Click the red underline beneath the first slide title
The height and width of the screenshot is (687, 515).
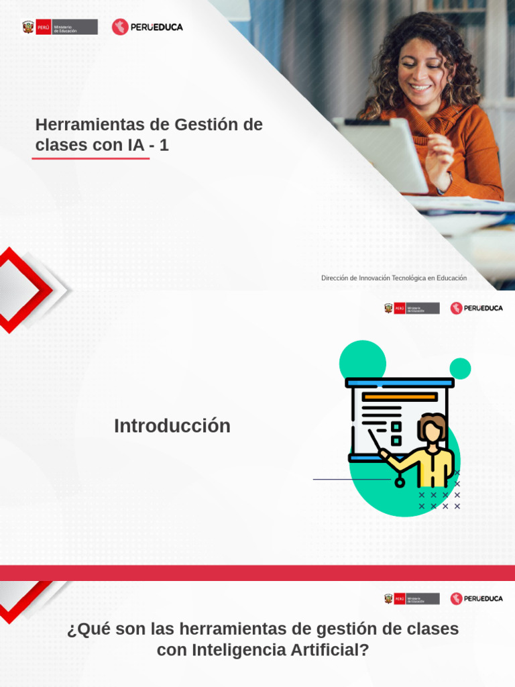tap(91, 158)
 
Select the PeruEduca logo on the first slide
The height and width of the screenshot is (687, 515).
tap(148, 27)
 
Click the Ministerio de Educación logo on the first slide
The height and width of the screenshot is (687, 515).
tap(60, 27)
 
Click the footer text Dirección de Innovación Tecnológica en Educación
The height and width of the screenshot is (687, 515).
tap(394, 278)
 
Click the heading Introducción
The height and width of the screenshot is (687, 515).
tap(172, 426)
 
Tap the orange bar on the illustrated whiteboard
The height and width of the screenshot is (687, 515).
tap(400, 397)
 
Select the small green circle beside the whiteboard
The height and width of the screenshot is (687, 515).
tap(460, 368)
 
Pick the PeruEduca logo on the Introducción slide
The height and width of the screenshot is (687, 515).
tap(476, 308)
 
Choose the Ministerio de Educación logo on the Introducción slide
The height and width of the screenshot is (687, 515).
tap(412, 308)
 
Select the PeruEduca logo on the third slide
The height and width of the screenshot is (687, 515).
tap(476, 598)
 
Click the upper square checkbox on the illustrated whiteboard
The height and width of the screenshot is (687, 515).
tap(396, 426)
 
